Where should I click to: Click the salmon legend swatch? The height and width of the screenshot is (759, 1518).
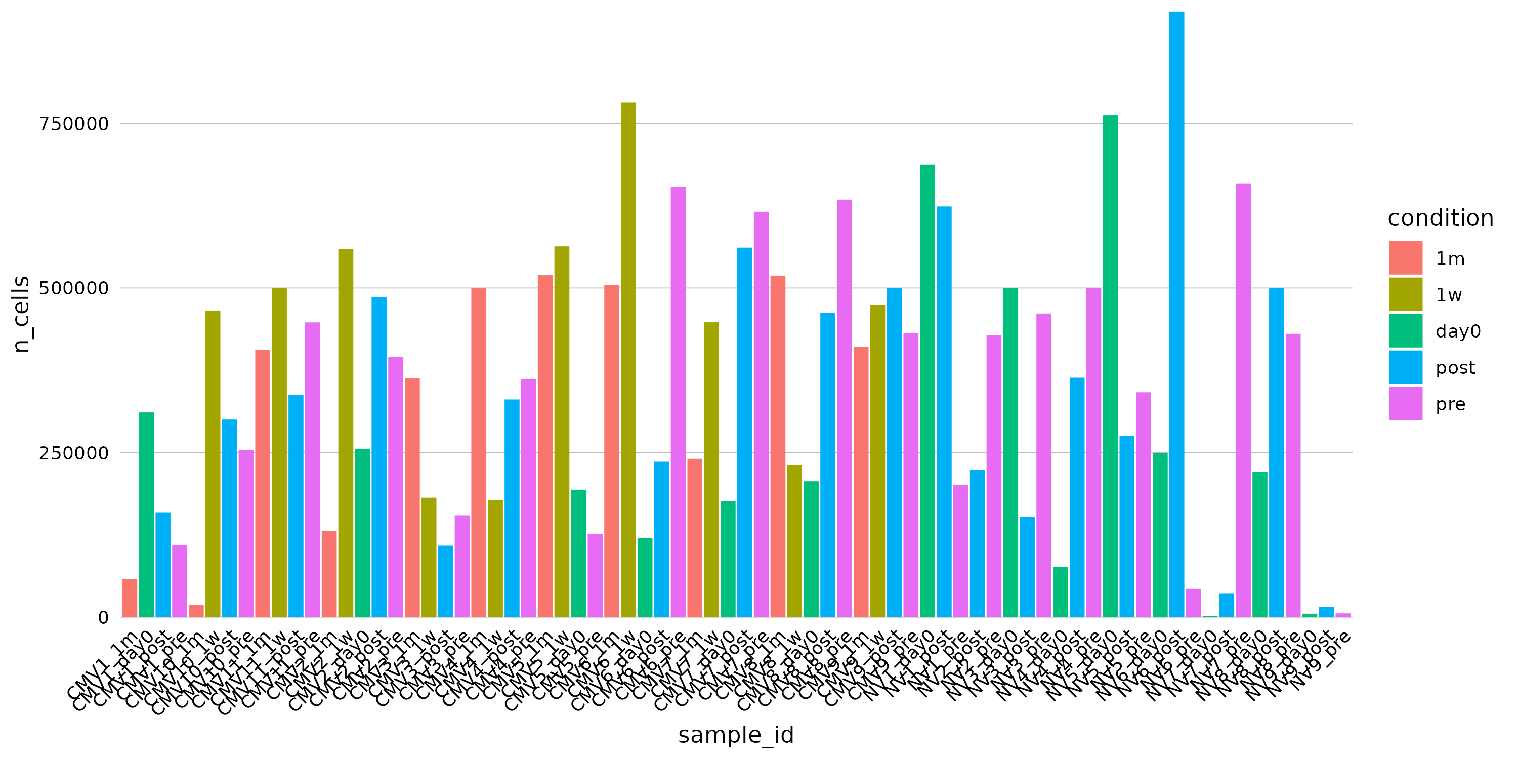coord(1406,258)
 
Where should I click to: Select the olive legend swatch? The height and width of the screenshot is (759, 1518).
coord(1406,294)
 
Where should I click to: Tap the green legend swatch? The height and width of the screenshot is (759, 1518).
coord(1406,330)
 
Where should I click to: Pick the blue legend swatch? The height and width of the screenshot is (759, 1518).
coord(1406,367)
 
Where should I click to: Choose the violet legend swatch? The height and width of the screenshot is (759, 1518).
coord(1406,404)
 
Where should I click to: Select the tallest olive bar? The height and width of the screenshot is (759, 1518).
coord(628,359)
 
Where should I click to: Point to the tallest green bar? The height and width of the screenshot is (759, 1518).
coord(1110,366)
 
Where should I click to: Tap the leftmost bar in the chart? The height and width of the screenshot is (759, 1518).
coord(130,598)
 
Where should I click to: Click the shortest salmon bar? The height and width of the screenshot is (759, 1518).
coord(196,611)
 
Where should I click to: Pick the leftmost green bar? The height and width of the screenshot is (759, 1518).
coord(146,515)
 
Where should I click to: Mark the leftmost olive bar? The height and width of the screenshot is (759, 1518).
coord(213,463)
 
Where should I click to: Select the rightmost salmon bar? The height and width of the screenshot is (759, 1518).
coord(861,481)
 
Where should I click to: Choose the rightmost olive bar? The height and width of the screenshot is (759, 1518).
coord(877,461)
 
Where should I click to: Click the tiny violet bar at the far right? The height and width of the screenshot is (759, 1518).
coord(1343,615)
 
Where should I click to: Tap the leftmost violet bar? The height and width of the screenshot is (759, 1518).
coord(180,580)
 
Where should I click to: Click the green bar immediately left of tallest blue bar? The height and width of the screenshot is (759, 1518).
coord(1160,534)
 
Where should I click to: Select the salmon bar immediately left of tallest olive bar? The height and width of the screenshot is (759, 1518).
coord(612,451)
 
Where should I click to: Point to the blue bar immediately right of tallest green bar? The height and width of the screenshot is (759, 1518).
coord(1127,526)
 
